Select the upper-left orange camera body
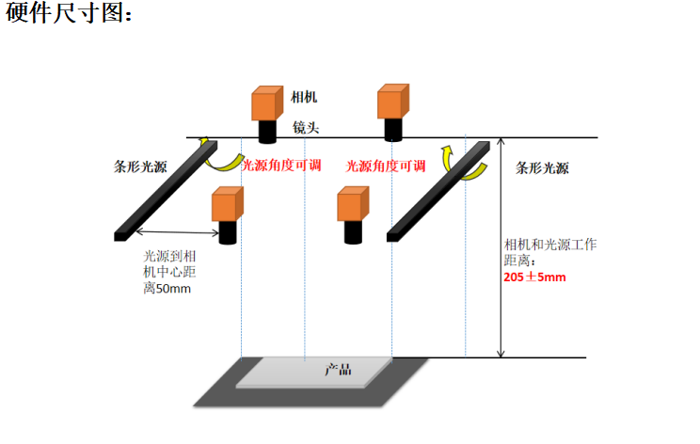(x=266, y=103)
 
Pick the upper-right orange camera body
(x=391, y=101)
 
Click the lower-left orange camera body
(x=227, y=204)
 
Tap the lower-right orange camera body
(x=352, y=204)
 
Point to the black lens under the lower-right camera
(x=354, y=231)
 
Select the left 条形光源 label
(x=140, y=166)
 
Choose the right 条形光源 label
(x=543, y=168)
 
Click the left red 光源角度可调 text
(x=282, y=166)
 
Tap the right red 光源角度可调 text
(x=386, y=166)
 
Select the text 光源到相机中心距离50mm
(x=169, y=272)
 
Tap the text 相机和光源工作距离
(x=550, y=252)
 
